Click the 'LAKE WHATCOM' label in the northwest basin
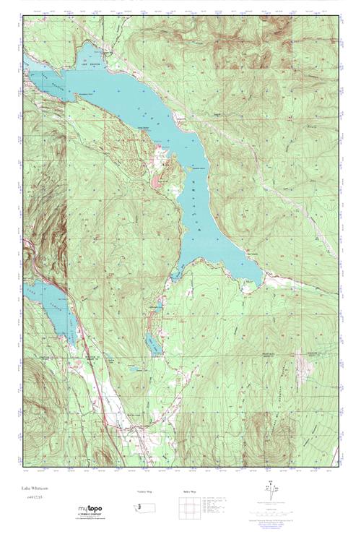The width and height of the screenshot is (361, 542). coord(92,64)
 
